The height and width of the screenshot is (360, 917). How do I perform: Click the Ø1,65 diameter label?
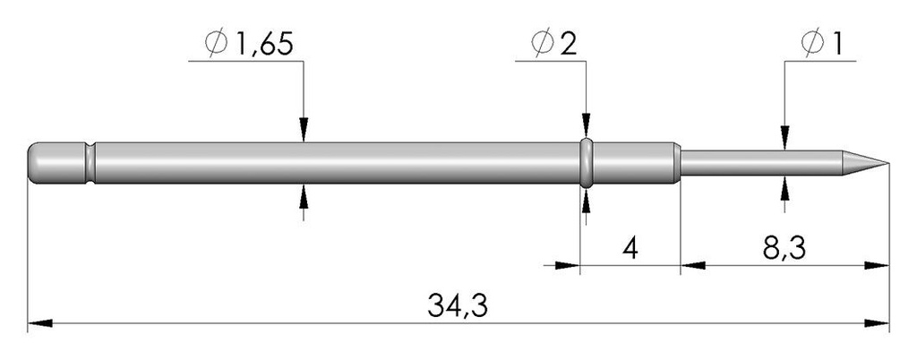[248, 45]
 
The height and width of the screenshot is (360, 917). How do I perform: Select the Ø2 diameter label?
[553, 45]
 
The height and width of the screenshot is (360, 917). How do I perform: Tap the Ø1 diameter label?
[823, 45]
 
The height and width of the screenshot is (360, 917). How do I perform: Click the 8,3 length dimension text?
[784, 249]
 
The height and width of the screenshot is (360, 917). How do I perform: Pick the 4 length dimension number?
[630, 249]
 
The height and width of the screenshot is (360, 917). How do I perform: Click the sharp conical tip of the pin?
[888, 163]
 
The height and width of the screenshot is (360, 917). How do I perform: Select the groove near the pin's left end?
[90, 163]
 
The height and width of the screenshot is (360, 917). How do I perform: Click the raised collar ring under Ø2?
[587, 163]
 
